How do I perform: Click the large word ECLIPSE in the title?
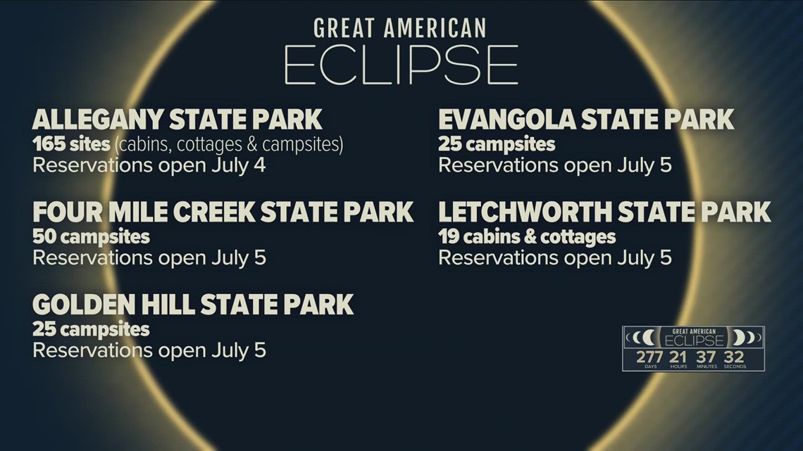pos(401,65)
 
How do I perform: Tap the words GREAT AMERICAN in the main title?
pos(400,28)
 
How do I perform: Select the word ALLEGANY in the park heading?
pos(97,120)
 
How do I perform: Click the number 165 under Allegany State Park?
pos(49,144)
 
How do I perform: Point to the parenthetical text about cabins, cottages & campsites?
pos(229,145)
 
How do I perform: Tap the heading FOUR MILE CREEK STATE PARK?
pos(223,212)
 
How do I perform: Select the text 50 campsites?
pos(91,237)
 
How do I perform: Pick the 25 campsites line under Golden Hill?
pos(91,330)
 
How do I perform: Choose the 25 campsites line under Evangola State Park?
pos(497,145)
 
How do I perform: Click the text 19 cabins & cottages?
pos(527,236)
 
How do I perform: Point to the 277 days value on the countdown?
pos(649,357)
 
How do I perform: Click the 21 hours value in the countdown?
pos(678,357)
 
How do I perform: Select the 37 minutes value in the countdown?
pos(706,357)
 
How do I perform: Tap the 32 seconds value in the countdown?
pos(735,357)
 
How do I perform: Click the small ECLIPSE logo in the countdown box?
pos(694,341)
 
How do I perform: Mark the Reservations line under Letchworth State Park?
pos(555,258)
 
